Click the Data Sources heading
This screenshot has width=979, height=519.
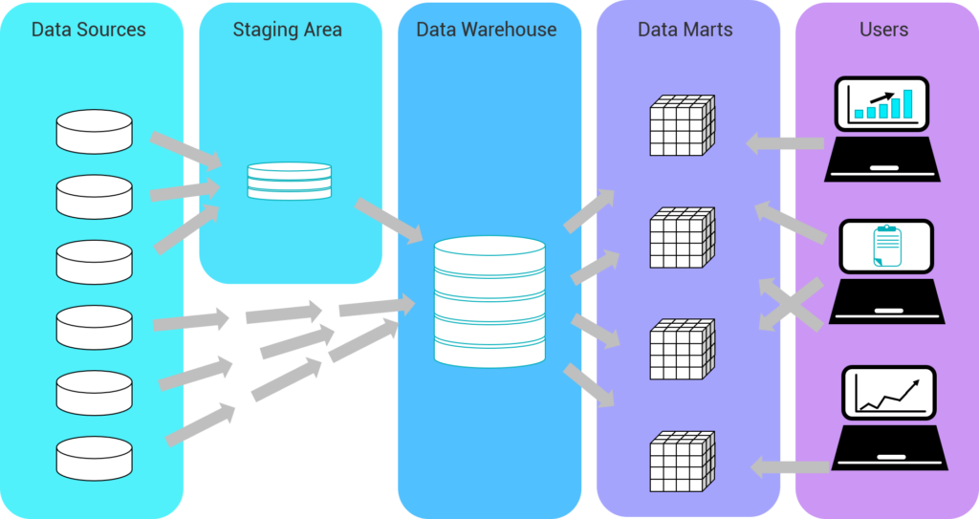(x=89, y=30)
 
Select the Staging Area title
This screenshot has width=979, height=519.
(x=288, y=30)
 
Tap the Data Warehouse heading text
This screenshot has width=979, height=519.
(x=487, y=30)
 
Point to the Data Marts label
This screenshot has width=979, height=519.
(x=685, y=30)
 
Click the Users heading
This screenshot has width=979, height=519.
(x=883, y=30)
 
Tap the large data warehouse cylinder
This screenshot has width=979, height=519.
(x=489, y=300)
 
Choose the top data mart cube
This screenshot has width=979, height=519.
(x=682, y=125)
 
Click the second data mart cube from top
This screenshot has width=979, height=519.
(x=682, y=237)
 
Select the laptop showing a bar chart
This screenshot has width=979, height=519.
(x=883, y=129)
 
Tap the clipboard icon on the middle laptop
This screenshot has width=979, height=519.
(x=886, y=247)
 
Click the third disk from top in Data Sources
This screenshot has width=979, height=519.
(x=94, y=261)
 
